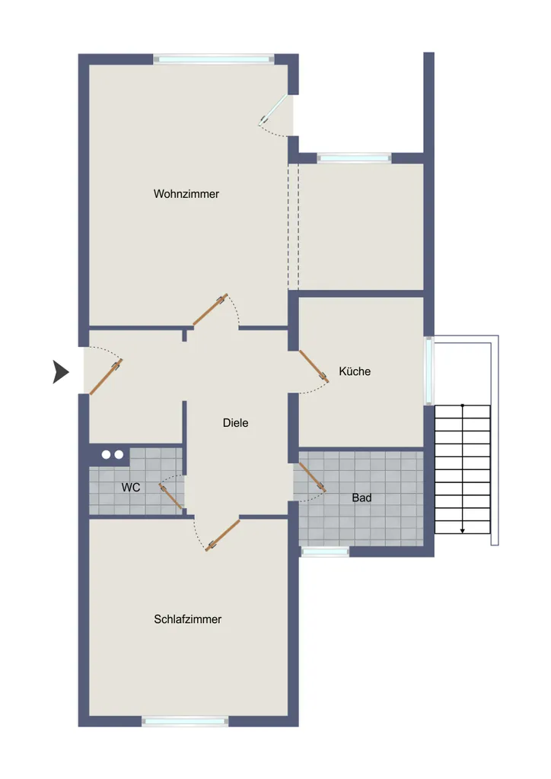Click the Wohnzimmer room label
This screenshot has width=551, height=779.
pyautogui.click(x=186, y=194)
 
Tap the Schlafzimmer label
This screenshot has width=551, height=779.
pyautogui.click(x=188, y=619)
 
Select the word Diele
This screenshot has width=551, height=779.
pyautogui.click(x=235, y=423)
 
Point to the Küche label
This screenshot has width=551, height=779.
pyautogui.click(x=355, y=371)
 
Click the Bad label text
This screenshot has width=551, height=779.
pyautogui.click(x=361, y=498)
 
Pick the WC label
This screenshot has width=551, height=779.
pyautogui.click(x=131, y=488)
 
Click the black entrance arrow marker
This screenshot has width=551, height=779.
pyautogui.click(x=61, y=372)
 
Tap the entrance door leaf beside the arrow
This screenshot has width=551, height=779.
pyautogui.click(x=106, y=377)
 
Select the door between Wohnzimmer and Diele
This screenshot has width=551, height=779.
pyautogui.click(x=210, y=310)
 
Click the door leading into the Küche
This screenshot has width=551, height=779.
pyautogui.click(x=314, y=367)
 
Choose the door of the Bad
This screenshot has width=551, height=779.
pyautogui.click(x=313, y=478)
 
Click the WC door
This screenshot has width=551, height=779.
pyautogui.click(x=170, y=496)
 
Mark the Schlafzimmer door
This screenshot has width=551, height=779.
pyautogui.click(x=222, y=535)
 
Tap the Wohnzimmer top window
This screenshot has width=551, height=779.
pyautogui.click(x=214, y=59)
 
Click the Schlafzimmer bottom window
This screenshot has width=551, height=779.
pyautogui.click(x=185, y=721)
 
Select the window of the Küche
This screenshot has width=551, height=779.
pyautogui.click(x=428, y=370)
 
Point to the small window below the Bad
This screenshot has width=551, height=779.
pyautogui.click(x=325, y=552)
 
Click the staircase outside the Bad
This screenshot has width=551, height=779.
pyautogui.click(x=463, y=469)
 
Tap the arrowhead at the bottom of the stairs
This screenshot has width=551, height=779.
pyautogui.click(x=463, y=531)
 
